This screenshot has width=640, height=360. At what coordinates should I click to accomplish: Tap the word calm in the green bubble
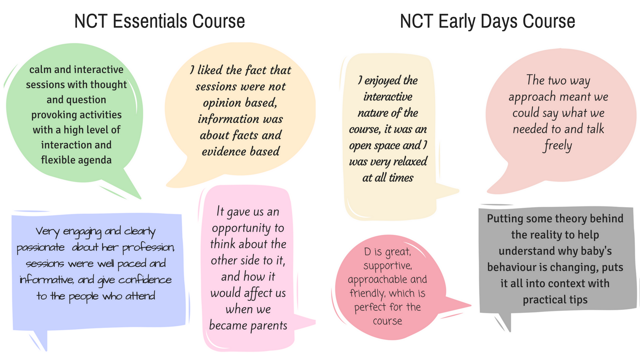(x=40, y=70)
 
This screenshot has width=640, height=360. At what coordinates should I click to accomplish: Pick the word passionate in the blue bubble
(x=41, y=248)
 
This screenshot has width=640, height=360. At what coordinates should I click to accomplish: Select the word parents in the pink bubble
(x=269, y=326)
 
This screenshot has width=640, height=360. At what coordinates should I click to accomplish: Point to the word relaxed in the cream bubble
(x=410, y=162)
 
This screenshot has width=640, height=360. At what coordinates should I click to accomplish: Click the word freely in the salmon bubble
(x=558, y=146)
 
